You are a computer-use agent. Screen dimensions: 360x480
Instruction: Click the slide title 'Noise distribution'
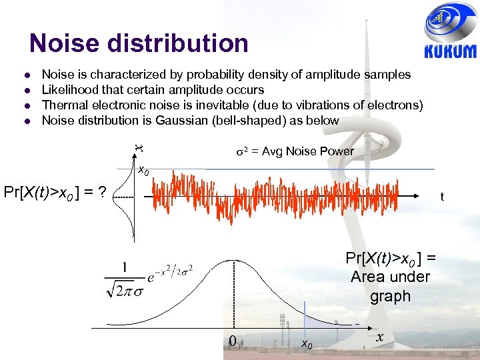coord(139,44)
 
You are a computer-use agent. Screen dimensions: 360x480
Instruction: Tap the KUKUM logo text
coord(451,52)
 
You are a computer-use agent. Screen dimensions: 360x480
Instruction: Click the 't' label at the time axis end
coord(442,197)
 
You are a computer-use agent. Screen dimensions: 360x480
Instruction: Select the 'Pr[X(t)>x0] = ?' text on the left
coord(55,193)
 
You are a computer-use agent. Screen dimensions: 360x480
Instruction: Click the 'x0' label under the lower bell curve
coord(307,343)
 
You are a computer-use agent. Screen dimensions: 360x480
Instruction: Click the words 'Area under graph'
coord(390,286)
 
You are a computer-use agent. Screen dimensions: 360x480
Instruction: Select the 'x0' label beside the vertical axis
coord(143,169)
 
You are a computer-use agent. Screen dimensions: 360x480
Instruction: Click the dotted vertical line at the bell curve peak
coord(233,293)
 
